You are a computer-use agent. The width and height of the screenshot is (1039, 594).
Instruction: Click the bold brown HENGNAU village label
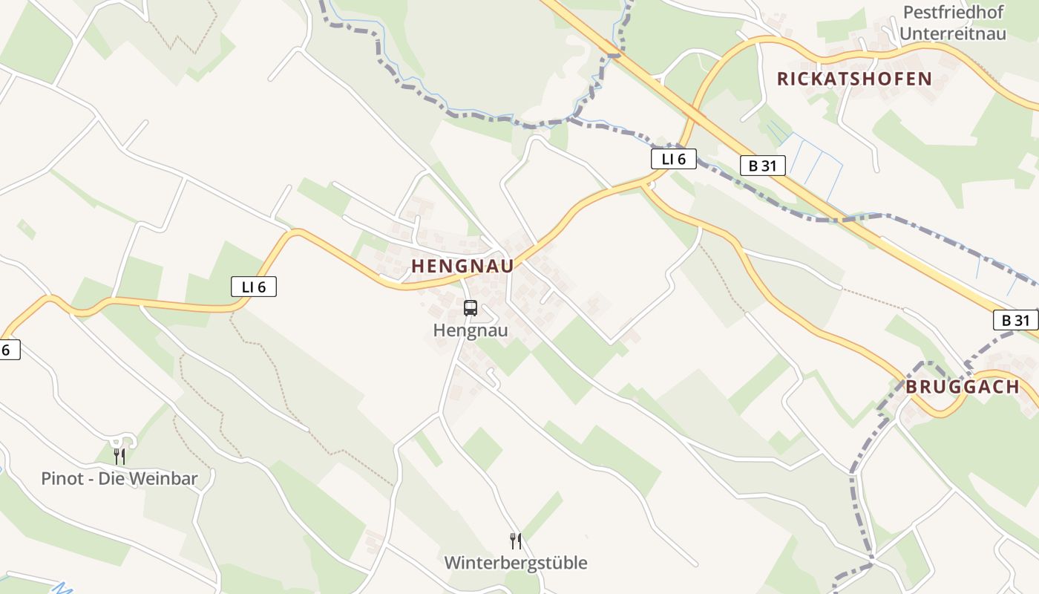pyautogui.click(x=462, y=266)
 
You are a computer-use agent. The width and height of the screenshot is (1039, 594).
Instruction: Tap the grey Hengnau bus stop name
pyautogui.click(x=471, y=330)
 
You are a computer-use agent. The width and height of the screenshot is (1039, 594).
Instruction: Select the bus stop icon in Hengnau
pyautogui.click(x=470, y=307)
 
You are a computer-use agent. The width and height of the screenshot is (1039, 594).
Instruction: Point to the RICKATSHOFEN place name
pyautogui.click(x=854, y=79)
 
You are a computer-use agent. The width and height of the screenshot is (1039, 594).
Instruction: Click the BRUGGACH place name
pyautogui.click(x=963, y=387)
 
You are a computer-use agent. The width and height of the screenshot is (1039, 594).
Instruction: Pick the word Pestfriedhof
pyautogui.click(x=954, y=13)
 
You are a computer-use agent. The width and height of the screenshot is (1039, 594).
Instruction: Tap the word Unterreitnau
pyautogui.click(x=954, y=33)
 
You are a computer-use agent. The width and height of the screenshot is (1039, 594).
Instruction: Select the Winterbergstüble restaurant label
pyautogui.click(x=515, y=563)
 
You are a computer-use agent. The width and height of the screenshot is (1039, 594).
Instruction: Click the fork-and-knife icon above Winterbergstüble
pyautogui.click(x=515, y=541)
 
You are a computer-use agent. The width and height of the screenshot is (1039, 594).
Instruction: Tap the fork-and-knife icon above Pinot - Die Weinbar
pyautogui.click(x=119, y=456)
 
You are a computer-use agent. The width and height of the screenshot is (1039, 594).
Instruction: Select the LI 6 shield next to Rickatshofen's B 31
pyautogui.click(x=674, y=159)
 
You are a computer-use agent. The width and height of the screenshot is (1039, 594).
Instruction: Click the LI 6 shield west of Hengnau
pyautogui.click(x=254, y=287)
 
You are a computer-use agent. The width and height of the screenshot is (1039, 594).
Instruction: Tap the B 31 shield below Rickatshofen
pyautogui.click(x=762, y=166)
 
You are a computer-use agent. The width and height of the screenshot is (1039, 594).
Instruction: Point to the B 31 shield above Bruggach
pyautogui.click(x=1015, y=320)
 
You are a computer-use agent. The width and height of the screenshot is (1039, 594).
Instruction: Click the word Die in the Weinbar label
pyautogui.click(x=112, y=479)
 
